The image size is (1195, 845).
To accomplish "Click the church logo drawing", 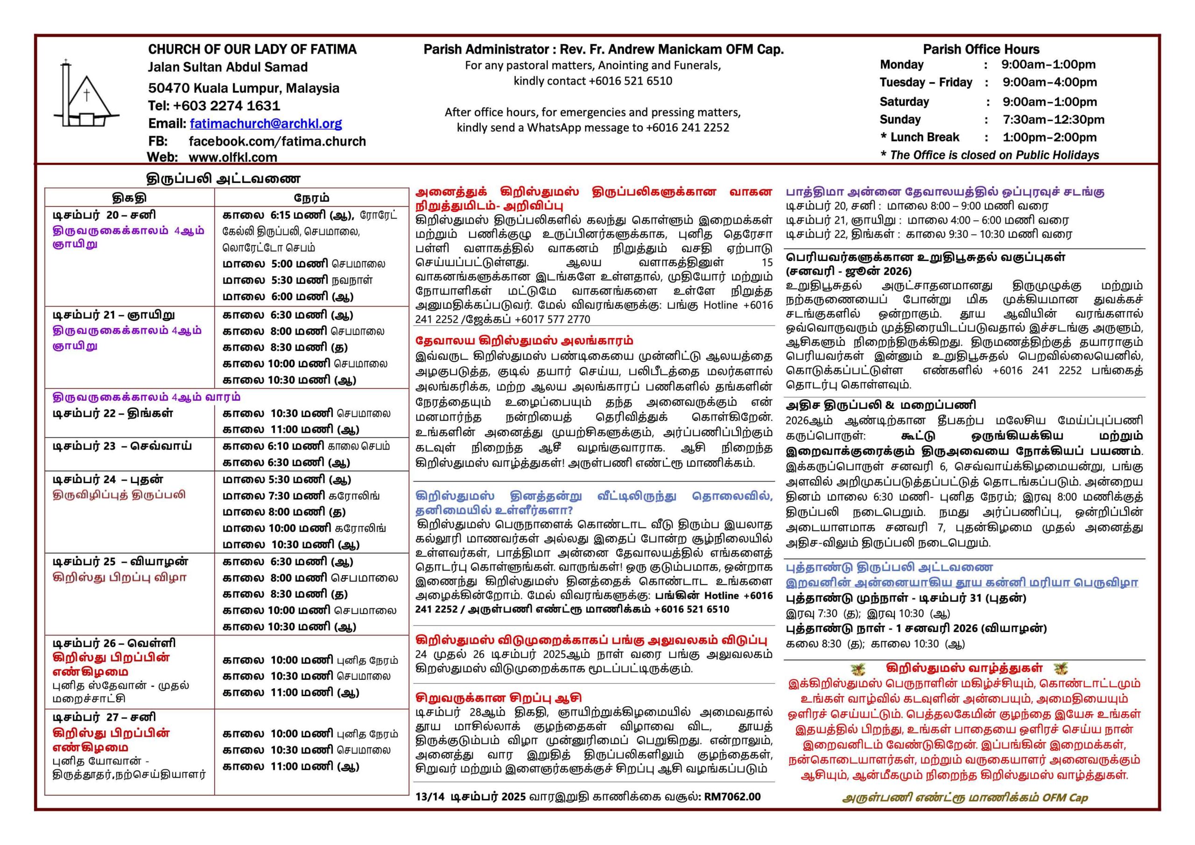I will [86, 95].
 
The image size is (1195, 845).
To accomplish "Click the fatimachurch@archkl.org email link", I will [266, 124].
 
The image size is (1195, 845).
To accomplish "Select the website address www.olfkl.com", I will [232, 157].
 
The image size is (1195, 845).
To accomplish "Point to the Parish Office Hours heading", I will [981, 49].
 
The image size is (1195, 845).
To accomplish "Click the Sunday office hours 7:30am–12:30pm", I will [1053, 120].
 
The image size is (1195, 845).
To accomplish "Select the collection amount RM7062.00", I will [732, 796].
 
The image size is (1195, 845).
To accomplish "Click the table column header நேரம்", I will [311, 198].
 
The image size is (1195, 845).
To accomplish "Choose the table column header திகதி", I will [129, 198].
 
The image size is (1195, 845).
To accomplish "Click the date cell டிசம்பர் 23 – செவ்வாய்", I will [122, 446].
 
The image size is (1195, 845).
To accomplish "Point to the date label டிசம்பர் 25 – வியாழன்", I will [120, 562].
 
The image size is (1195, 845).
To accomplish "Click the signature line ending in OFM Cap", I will [964, 798].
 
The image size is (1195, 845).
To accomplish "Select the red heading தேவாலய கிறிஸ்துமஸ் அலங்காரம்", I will [524, 341].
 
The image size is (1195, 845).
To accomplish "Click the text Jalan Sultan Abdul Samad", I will [227, 67].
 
